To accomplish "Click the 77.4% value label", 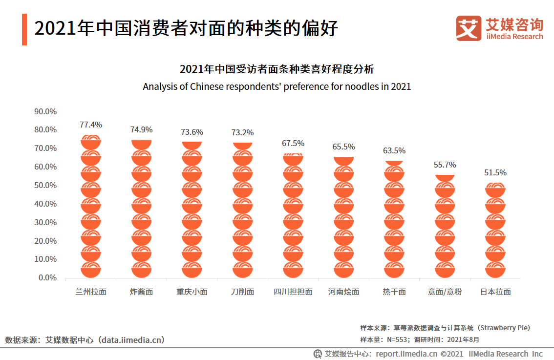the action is point(91,125).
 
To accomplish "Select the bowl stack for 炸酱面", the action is point(141,209).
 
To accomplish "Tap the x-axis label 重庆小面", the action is point(192,292).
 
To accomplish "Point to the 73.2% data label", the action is point(242,132).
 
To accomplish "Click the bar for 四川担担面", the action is point(293,216).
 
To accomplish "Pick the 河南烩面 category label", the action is point(343,292).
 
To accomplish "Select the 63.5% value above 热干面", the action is point(394,150).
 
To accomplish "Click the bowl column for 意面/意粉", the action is point(445,227).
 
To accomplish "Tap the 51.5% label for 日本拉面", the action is point(495,172).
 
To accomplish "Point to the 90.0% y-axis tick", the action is point(45,112).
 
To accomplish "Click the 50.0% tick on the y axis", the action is point(45,186).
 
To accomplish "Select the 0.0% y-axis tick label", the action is point(47,277).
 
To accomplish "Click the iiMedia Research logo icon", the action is point(469,28).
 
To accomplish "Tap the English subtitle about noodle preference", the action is point(277,86).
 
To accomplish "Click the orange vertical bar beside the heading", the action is point(24,30).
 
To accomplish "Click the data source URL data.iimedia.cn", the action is point(131,340).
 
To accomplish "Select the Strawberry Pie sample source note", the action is point(445,328).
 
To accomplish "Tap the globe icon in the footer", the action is point(318,354).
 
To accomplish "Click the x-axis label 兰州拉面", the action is point(91,292).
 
